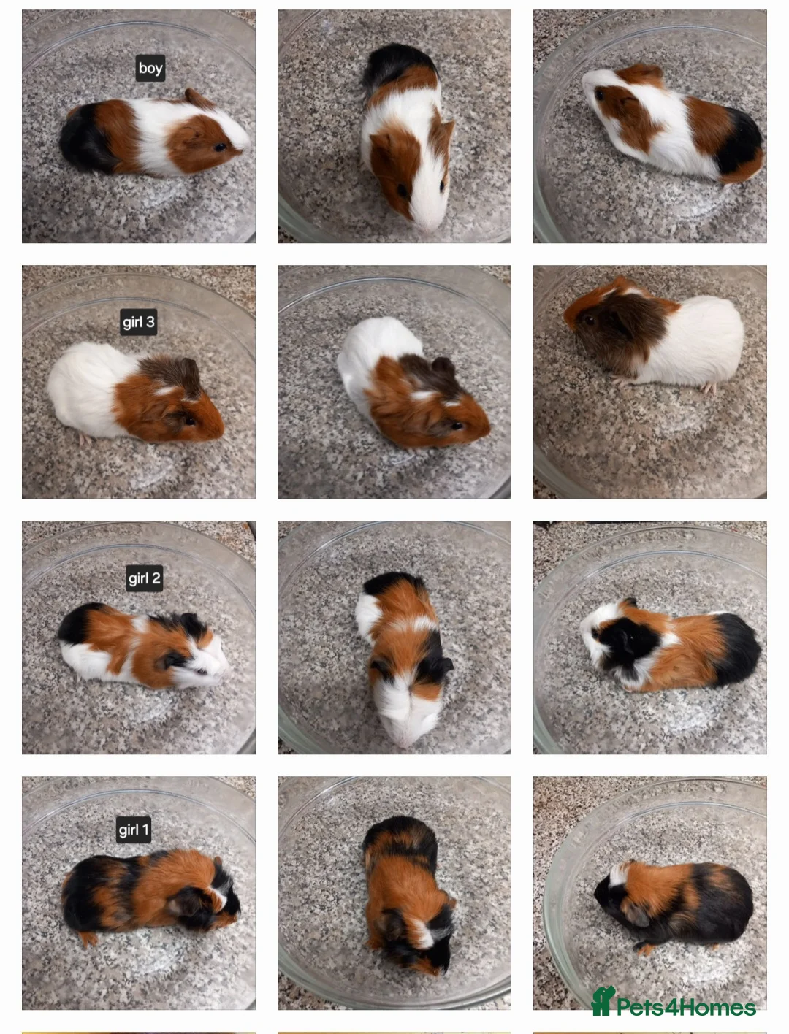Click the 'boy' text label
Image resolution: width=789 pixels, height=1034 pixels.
pos(150,68)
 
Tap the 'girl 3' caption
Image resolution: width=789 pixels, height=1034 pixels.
pos(138,322)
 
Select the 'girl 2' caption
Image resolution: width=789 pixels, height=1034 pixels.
pos(144,578)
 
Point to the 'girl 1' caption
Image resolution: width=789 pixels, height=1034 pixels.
pos(134,830)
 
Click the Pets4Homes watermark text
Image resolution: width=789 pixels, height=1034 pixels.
pos(685,1008)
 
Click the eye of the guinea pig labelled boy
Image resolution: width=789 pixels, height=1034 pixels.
pos(219,147)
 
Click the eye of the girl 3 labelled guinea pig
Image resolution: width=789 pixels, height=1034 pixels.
pos(190,421)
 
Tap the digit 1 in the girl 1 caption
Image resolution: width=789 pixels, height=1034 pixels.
pos(145,830)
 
